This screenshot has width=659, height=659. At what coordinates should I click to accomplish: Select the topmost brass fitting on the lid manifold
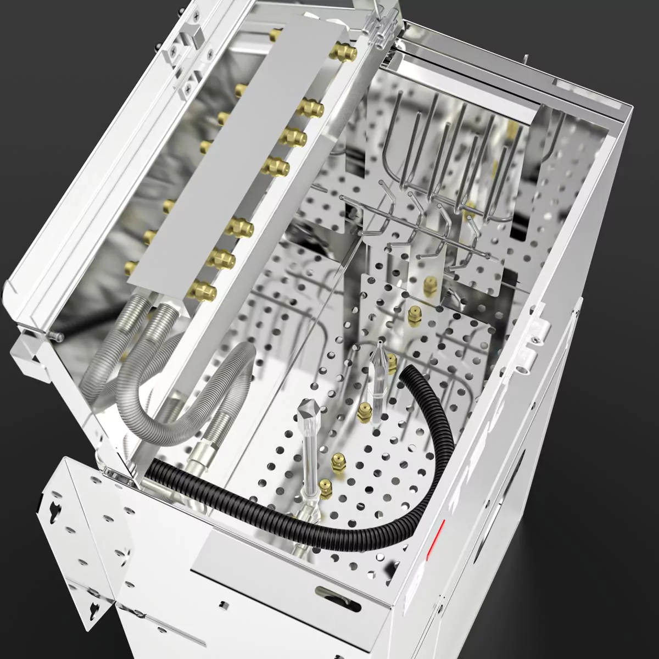(344, 52)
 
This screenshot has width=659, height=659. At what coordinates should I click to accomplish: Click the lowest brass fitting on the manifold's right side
(201, 291)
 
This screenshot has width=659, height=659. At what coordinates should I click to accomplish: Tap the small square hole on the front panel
(224, 605)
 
